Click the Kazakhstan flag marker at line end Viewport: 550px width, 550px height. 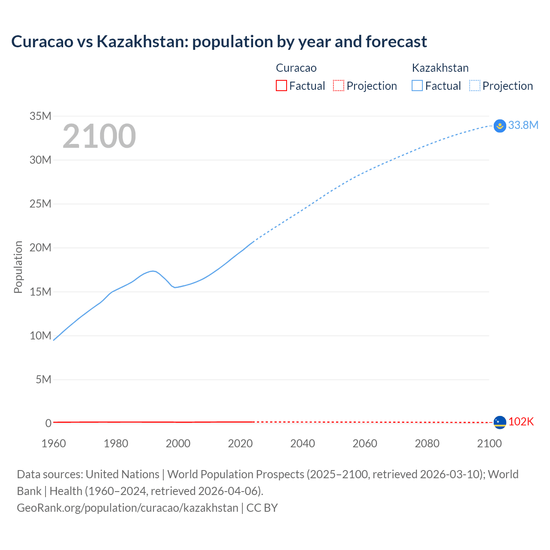[x=500, y=125]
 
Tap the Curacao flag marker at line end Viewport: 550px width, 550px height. [x=500, y=422]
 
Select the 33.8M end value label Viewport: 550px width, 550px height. [x=523, y=125]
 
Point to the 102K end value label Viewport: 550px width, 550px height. [x=521, y=422]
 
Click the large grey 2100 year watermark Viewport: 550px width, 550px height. [x=99, y=136]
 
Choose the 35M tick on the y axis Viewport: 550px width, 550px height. [x=40, y=116]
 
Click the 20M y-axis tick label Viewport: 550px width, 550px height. [x=40, y=248]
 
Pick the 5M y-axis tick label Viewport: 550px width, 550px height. [x=43, y=380]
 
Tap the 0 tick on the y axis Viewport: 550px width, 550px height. [x=48, y=424]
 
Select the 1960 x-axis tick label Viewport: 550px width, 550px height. [x=54, y=444]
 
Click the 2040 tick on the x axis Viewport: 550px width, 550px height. [x=302, y=444]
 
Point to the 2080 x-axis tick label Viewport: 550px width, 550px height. [x=427, y=444]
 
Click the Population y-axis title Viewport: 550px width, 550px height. [x=18, y=267]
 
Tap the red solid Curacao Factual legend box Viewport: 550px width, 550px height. [x=281, y=86]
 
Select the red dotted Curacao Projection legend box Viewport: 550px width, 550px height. [x=339, y=86]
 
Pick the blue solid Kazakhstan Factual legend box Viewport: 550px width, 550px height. [x=417, y=86]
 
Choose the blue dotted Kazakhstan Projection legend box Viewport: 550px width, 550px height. [x=475, y=86]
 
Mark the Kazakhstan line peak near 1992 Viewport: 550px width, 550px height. [x=153, y=271]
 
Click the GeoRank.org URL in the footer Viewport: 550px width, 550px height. [x=128, y=508]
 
